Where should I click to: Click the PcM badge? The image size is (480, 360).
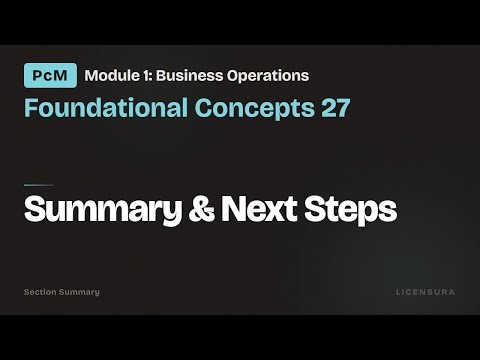pos(49,76)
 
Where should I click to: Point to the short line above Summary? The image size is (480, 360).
pos(38,185)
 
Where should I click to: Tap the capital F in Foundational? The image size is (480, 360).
pos(30,108)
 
